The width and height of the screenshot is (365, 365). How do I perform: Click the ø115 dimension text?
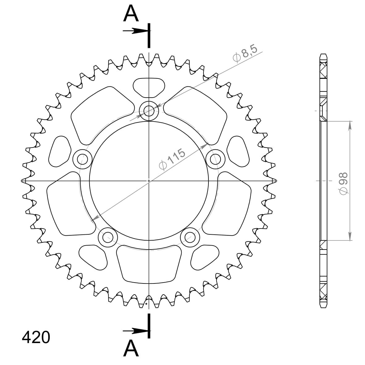coord(172,159)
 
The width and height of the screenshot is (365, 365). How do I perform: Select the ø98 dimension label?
coord(343,183)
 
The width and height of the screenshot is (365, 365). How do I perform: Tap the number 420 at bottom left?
coord(36,337)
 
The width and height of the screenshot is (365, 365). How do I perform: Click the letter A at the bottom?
coord(131,348)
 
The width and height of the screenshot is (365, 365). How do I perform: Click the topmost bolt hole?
coord(149,111)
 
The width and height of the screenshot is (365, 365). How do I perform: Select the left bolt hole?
coord(82,159)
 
